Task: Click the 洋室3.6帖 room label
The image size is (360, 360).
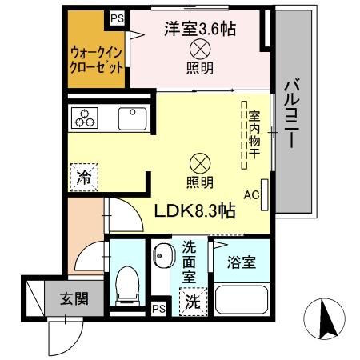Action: click(200, 30)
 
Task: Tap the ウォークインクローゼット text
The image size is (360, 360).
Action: click(96, 58)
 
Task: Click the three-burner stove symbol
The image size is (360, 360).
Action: click(85, 118)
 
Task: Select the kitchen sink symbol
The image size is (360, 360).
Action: click(131, 118)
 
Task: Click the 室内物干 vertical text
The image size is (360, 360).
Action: click(254, 132)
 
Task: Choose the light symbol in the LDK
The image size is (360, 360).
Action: click(200, 163)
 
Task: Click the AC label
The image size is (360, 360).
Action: click(250, 194)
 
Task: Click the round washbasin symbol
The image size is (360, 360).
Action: click(162, 260)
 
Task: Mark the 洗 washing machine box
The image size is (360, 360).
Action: click(192, 302)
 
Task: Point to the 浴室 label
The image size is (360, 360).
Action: click(241, 262)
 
